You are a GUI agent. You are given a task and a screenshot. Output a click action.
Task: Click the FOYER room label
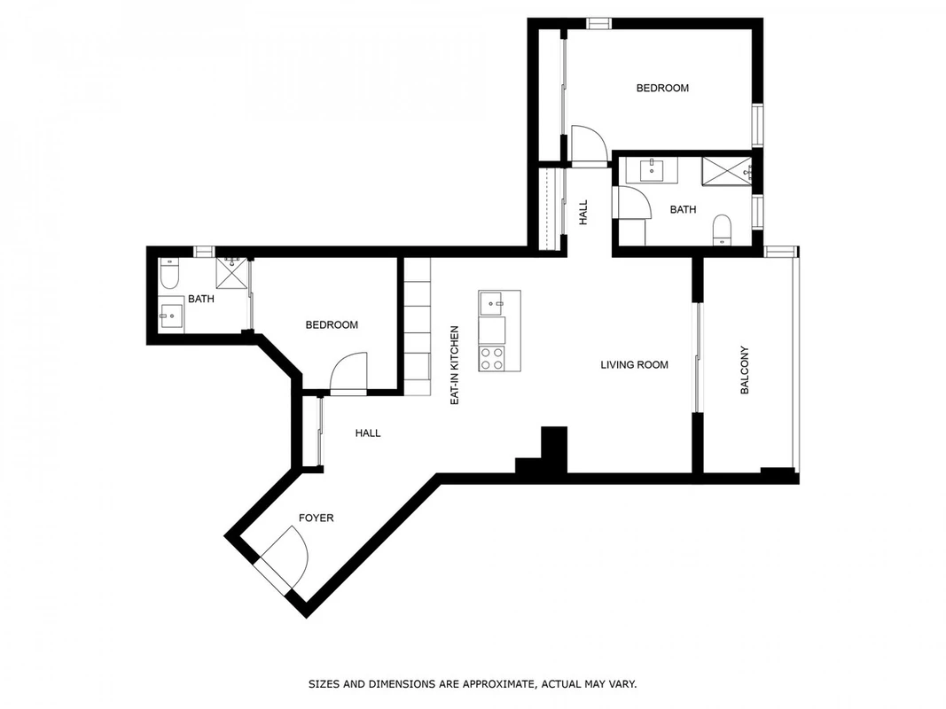tap(317, 518)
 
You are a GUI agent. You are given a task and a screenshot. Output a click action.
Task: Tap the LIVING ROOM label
tap(634, 365)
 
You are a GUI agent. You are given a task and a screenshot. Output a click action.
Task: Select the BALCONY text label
tap(745, 370)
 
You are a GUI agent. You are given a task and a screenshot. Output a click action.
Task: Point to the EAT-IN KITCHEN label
tap(455, 365)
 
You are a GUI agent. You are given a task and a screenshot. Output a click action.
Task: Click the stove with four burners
tap(492, 359)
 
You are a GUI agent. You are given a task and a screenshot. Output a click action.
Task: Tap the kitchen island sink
tap(492, 303)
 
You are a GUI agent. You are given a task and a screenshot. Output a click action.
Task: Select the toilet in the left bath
tap(169, 274)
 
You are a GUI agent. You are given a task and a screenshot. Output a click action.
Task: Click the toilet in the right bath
tap(722, 230)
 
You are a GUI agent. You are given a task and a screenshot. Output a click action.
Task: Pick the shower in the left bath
tap(232, 273)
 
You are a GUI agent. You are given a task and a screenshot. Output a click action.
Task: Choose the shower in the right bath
tap(726, 171)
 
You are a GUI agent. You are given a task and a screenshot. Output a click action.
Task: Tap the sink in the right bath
tap(652, 170)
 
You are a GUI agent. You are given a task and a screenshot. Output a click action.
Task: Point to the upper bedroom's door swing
tap(589, 144)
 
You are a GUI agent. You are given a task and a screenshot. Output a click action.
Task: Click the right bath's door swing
tap(632, 203)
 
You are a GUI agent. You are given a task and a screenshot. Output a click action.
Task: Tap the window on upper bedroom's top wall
tap(599, 24)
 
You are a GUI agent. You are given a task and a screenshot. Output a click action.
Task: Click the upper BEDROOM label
tap(662, 88)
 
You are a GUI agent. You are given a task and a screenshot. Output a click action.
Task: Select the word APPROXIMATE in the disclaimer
tap(497, 684)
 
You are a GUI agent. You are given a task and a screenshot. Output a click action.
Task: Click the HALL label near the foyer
tap(368, 432)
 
